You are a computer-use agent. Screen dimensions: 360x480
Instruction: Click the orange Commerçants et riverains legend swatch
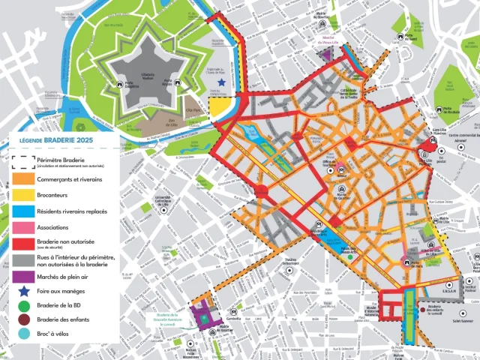tap(23, 180)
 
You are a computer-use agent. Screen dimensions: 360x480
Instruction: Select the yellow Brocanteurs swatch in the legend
tap(23, 196)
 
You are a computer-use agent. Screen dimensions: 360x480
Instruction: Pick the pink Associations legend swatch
tap(23, 227)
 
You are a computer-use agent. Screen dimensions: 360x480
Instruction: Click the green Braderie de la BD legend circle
tap(23, 305)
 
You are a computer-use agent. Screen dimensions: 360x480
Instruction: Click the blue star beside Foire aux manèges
tap(23, 291)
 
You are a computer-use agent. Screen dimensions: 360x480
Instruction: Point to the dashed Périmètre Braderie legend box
tap(23, 162)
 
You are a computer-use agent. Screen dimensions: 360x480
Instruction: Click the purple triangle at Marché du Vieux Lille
tap(325, 54)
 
